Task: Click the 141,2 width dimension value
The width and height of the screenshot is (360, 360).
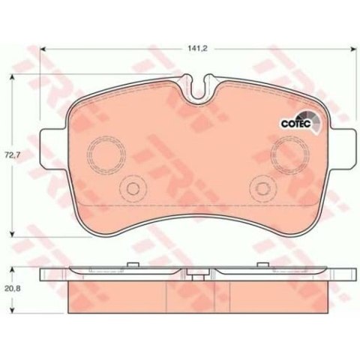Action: click(x=198, y=49)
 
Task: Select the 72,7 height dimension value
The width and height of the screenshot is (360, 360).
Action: click(x=12, y=155)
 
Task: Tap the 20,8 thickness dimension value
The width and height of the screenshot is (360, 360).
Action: click(x=12, y=289)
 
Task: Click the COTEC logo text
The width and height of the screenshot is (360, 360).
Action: click(x=295, y=124)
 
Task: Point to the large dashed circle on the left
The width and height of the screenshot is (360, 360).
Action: click(x=87, y=155)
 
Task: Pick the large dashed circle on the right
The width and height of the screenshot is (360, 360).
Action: click(x=271, y=155)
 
